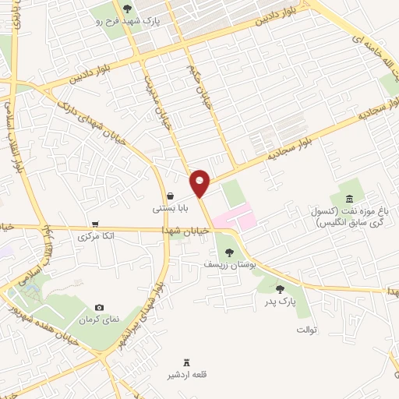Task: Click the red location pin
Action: pyautogui.click(x=200, y=182)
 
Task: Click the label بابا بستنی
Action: pyautogui.click(x=168, y=209)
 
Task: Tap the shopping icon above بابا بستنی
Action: pyautogui.click(x=169, y=196)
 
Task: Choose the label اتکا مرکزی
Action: pyautogui.click(x=97, y=235)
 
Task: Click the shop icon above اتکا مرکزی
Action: pyautogui.click(x=96, y=222)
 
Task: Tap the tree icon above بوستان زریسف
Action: pyautogui.click(x=228, y=252)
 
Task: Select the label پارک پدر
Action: pyautogui.click(x=278, y=302)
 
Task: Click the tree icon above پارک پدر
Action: pyautogui.click(x=280, y=289)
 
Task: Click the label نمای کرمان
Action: pyautogui.click(x=98, y=320)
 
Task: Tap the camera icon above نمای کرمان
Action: pyautogui.click(x=98, y=308)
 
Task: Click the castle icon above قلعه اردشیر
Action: pyautogui.click(x=185, y=361)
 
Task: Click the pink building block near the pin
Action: pyautogui.click(x=235, y=217)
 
